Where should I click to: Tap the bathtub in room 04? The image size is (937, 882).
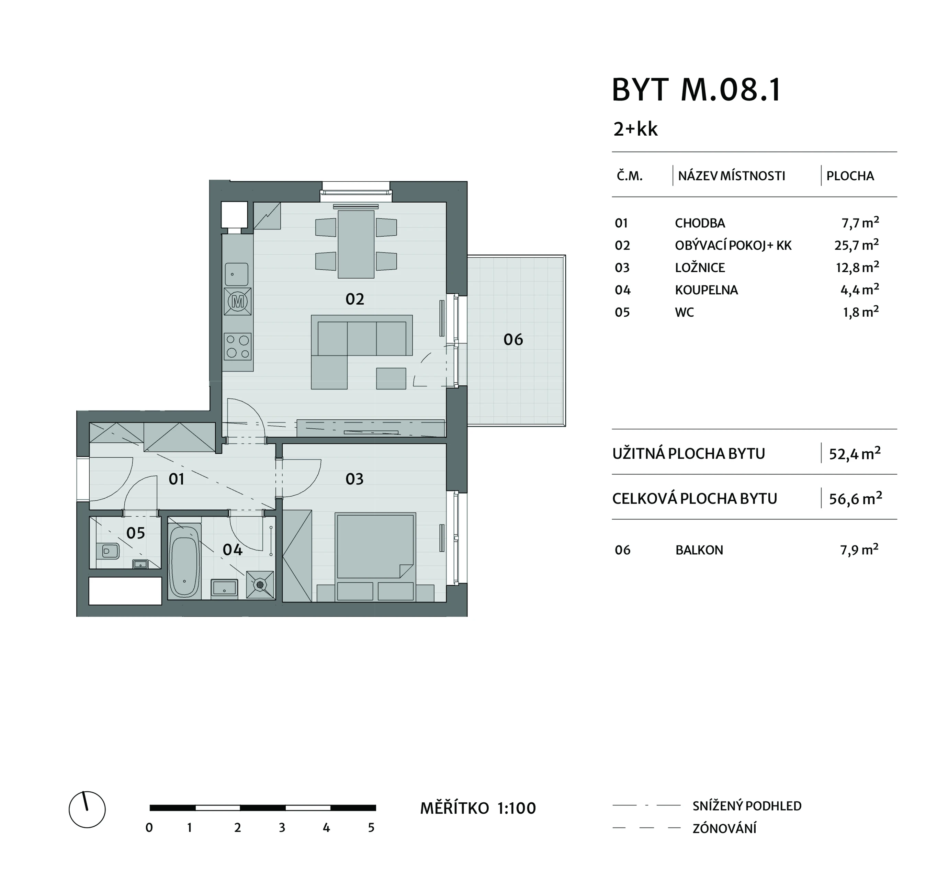tap(183, 562)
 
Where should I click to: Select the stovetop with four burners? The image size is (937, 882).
tap(238, 347)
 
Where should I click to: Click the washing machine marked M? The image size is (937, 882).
tap(238, 301)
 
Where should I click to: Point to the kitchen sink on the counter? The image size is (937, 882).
tap(237, 274)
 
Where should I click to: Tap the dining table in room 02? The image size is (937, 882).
tap(356, 244)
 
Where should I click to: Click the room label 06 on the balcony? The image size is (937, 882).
tap(513, 339)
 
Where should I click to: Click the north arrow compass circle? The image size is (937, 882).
tap(87, 810)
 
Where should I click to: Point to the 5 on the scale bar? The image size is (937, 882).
tap(371, 828)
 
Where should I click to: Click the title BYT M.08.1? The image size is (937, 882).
tap(697, 90)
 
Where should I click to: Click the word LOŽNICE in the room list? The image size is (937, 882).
tap(700, 268)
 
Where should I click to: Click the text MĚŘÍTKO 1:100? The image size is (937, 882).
tap(478, 808)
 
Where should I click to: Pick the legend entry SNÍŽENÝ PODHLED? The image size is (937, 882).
tap(747, 806)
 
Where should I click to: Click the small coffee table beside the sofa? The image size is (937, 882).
tap(391, 378)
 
